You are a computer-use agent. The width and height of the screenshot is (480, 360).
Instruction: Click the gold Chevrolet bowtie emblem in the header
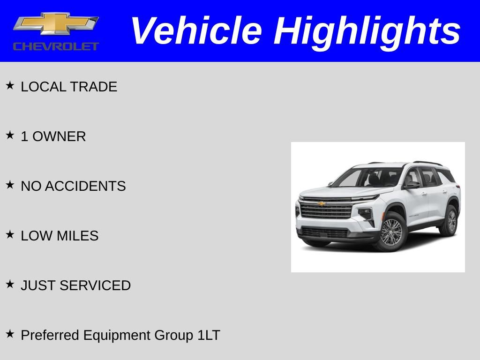56,23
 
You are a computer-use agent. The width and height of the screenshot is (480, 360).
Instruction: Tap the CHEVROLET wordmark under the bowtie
56,46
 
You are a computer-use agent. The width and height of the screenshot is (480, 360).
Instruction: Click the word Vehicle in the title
195,31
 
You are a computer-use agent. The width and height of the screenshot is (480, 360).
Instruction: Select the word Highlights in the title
367,31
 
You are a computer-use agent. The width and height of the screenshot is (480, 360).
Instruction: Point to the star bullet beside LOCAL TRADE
10,86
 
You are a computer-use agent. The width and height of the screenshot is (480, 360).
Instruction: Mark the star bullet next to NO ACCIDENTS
10,185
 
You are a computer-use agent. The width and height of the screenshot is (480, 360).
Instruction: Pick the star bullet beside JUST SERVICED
10,285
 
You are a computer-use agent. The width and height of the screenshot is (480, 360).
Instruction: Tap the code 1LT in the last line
209,335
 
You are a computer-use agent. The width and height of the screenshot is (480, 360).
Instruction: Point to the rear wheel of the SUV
450,220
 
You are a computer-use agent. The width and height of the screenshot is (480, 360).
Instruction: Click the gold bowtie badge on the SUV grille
322,204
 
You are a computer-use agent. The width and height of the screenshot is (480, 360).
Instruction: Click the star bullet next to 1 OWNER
10,135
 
